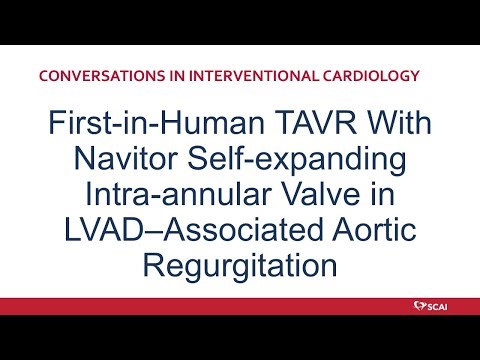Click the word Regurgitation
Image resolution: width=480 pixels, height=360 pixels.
(240, 266)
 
